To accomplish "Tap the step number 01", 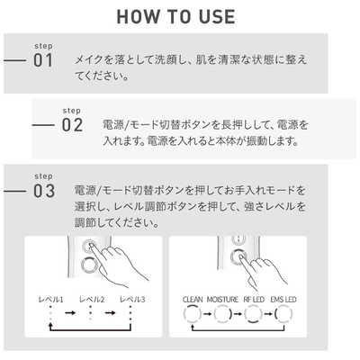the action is pos(43,60).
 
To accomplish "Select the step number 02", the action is pos(72,125).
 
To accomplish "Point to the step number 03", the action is pos(44,191).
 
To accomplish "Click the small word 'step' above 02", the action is pos(72,111).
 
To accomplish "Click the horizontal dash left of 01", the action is pos(14,60).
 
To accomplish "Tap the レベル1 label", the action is pos(50,300).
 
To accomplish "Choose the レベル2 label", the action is pos(92,300).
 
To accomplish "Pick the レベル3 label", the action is pos(132,300).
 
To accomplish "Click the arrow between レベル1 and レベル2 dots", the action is pos(70,313).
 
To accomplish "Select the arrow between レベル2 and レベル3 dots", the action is pos(110,313).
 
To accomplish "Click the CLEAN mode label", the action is pos(193,300).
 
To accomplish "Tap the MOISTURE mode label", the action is pos(222,300).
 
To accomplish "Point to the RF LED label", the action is pos(254,300).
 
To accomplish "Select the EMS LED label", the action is pos(283,300).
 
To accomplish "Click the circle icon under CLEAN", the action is pos(193,306).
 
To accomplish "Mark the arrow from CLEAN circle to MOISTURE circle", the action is pos(208,314).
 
